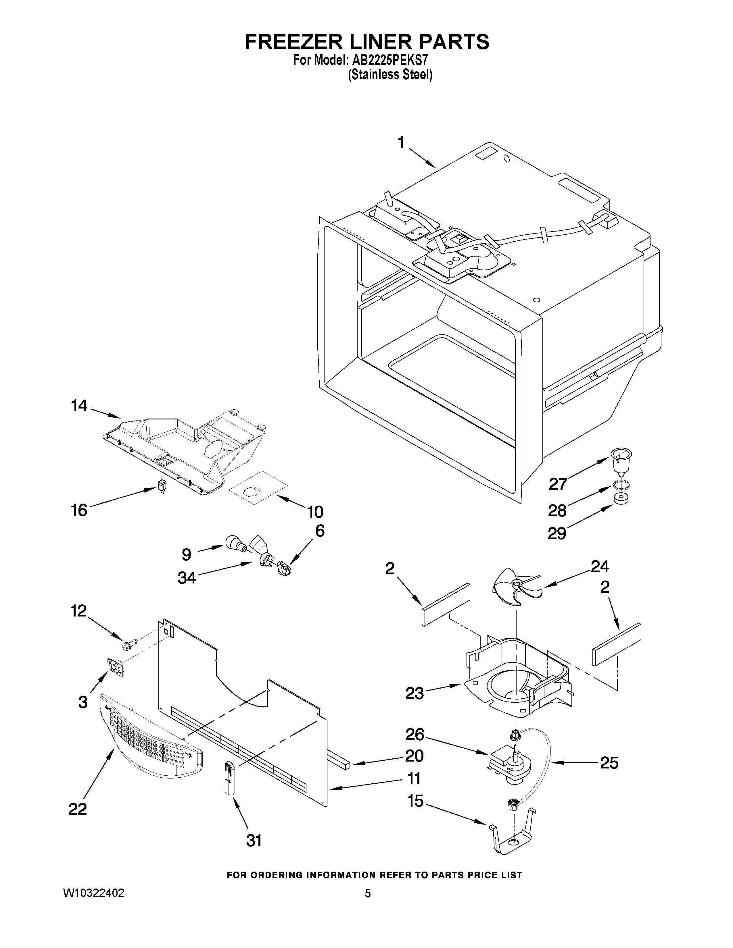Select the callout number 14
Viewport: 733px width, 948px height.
[79, 406]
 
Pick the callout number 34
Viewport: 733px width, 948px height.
[187, 578]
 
